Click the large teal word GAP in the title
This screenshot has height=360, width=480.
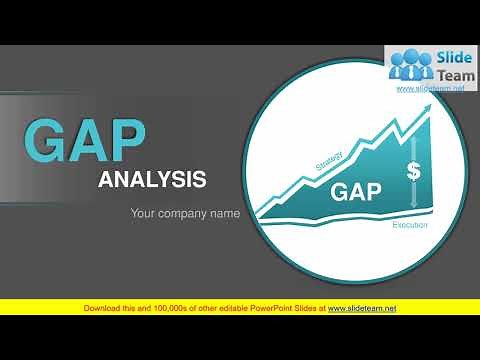(86, 142)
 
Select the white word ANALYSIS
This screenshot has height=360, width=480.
(152, 180)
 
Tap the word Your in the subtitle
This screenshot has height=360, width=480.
(146, 213)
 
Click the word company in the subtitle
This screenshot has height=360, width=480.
(188, 213)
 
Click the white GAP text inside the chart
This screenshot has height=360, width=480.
(355, 191)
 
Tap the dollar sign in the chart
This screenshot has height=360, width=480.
(413, 171)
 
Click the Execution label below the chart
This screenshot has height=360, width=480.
(409, 226)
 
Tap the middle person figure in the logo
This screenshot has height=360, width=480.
(410, 65)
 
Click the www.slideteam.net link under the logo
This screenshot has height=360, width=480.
(431, 88)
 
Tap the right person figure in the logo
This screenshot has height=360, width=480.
(425, 68)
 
